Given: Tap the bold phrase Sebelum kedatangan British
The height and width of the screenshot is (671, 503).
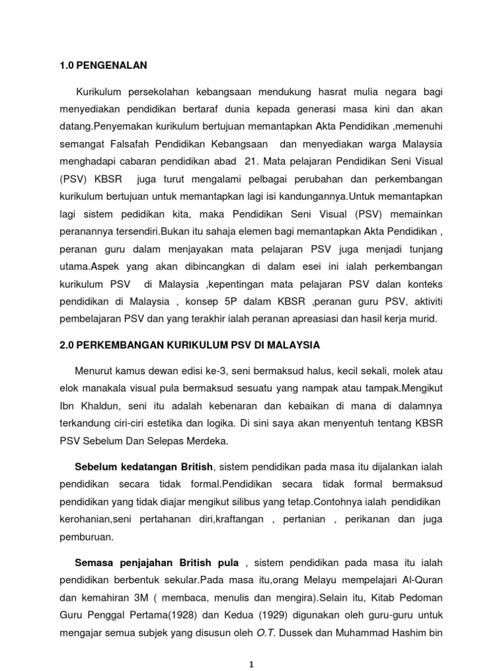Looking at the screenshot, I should tap(144, 467).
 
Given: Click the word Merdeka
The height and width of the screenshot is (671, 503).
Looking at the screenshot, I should tap(204, 442).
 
